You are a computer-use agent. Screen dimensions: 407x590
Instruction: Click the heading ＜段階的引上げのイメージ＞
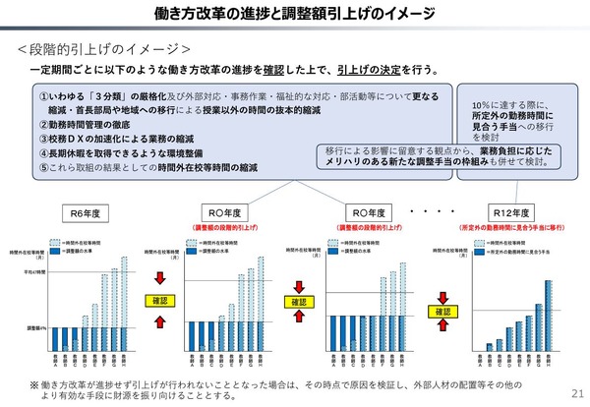(x=104, y=48)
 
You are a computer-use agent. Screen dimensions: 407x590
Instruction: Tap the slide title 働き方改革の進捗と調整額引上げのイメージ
(x=295, y=14)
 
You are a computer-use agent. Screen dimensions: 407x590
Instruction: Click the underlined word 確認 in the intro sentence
(x=279, y=71)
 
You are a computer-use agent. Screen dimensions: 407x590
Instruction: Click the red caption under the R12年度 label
(x=519, y=227)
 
